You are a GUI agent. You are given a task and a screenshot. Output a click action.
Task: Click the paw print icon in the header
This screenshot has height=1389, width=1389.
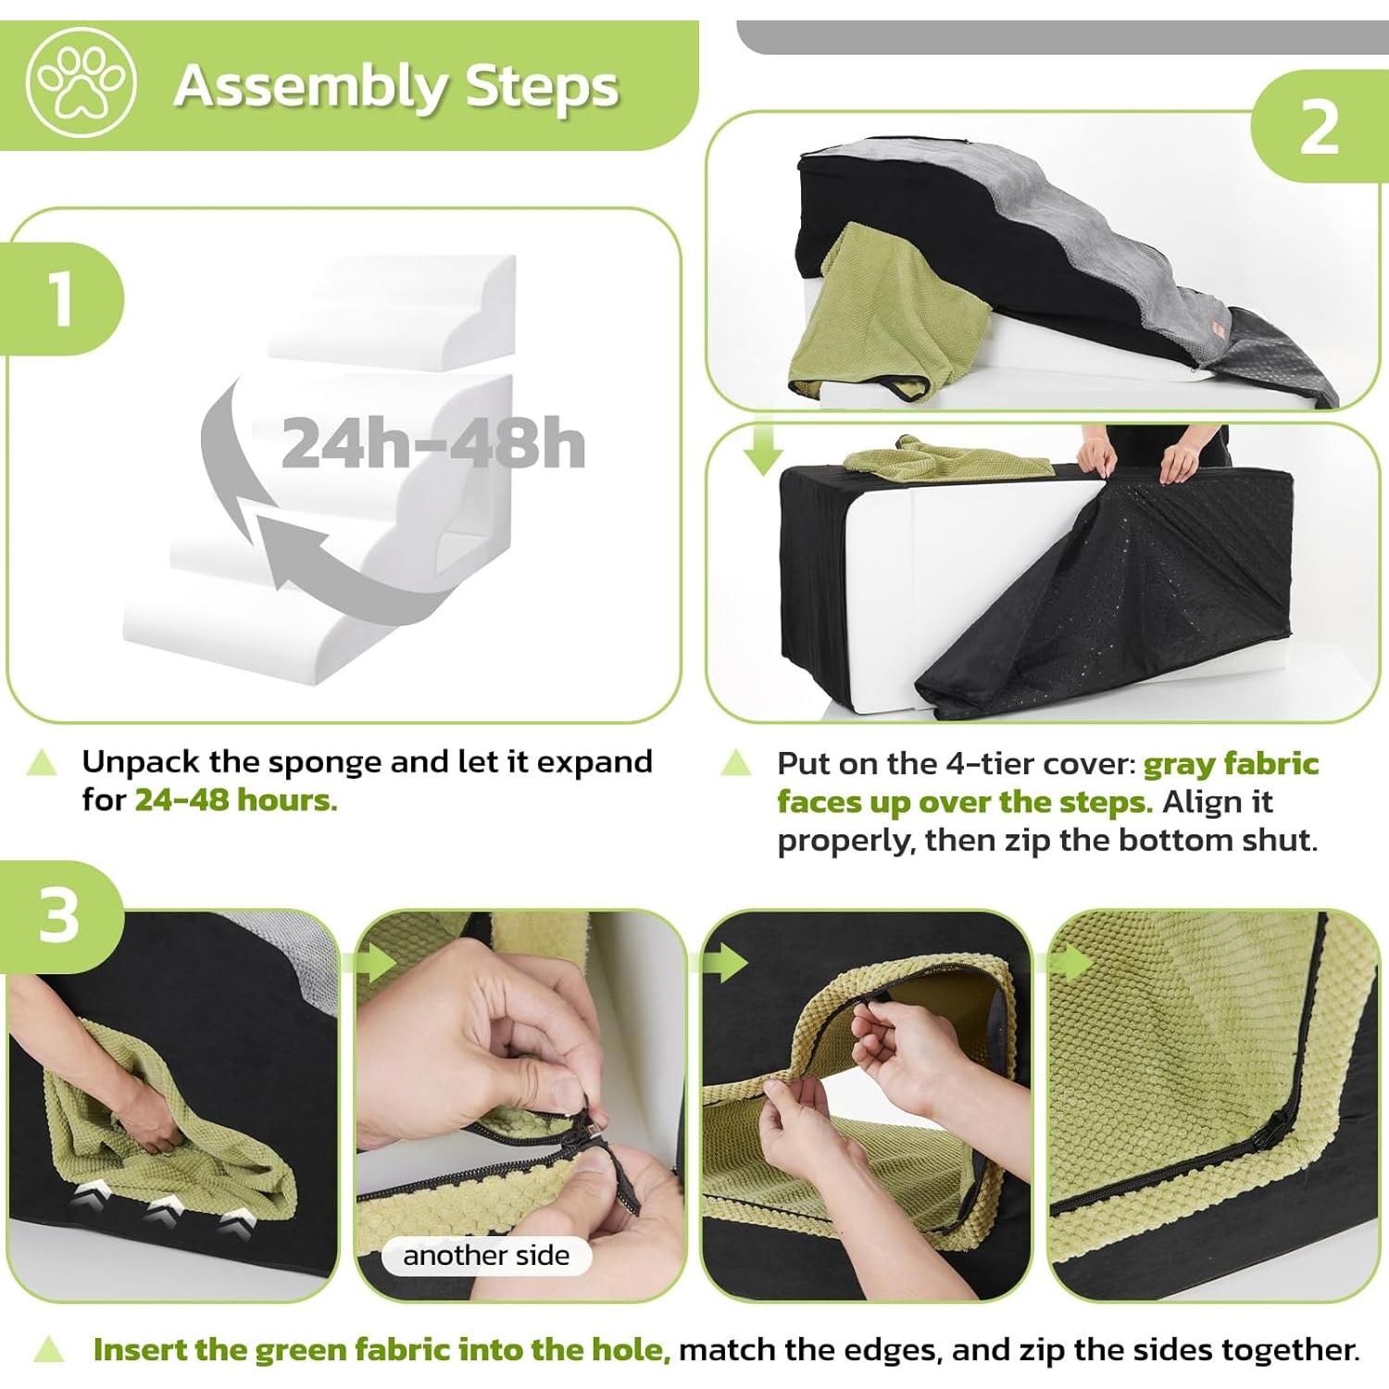81,82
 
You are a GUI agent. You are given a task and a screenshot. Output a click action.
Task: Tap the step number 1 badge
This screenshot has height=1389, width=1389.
61,298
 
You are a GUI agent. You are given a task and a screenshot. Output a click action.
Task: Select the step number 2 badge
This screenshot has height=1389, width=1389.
1319,127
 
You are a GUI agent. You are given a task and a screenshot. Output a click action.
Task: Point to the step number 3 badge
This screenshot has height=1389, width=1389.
60,916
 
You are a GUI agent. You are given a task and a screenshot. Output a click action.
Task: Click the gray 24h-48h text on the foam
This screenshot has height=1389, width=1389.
432,444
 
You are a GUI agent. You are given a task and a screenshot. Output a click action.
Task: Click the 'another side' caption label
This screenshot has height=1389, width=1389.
486,1256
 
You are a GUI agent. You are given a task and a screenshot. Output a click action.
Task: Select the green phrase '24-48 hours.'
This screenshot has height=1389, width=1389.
236,800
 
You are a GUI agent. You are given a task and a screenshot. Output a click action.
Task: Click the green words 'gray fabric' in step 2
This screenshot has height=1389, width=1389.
1231,764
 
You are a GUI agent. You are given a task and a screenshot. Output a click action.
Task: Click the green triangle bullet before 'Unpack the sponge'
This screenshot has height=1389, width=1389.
42,763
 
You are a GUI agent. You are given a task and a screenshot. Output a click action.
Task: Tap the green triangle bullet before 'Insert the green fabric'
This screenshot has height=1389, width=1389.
48,1350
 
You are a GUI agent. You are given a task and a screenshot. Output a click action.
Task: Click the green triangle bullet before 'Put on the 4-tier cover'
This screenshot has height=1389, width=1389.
736,763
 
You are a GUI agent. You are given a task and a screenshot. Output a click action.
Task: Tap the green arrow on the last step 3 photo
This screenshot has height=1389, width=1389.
1071,963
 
